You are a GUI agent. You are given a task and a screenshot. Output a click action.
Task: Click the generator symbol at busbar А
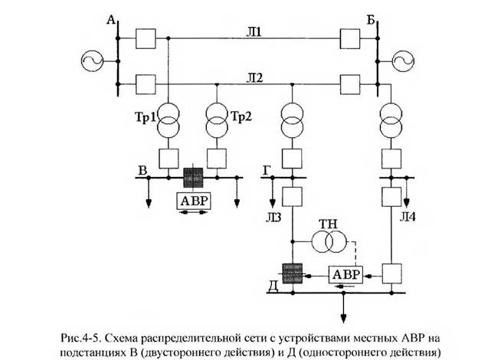click(x=92, y=61)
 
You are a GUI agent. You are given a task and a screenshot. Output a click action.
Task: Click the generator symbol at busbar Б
click(x=404, y=61)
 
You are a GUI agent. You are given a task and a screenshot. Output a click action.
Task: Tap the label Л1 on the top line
click(x=254, y=32)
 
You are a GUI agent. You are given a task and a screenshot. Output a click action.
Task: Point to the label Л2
click(x=254, y=77)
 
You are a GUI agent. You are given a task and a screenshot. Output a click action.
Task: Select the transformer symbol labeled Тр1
click(x=169, y=120)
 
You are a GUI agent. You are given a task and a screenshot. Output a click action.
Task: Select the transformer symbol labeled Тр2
click(x=217, y=120)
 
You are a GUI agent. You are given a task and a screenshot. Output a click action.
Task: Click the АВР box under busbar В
click(x=194, y=201)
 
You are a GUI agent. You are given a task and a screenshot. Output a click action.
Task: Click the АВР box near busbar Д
click(x=345, y=275)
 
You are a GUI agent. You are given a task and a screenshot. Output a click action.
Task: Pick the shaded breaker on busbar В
click(x=193, y=178)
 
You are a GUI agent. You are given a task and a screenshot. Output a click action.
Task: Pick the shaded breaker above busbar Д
click(x=293, y=273)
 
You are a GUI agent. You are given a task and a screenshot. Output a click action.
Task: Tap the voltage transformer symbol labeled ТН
click(x=329, y=242)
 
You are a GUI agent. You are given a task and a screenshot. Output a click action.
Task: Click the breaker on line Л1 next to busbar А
click(x=146, y=38)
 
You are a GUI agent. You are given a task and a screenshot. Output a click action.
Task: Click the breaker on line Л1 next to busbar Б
click(x=350, y=38)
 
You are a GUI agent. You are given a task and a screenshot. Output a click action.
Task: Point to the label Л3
click(x=273, y=217)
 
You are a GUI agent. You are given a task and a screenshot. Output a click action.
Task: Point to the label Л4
click(x=408, y=217)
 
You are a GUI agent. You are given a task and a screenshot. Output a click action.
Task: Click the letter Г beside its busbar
click(x=267, y=171)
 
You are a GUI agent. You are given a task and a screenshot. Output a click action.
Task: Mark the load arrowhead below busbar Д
click(x=344, y=319)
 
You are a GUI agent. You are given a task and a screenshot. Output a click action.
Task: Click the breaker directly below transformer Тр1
click(x=169, y=159)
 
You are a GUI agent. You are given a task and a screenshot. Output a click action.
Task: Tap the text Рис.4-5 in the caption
click(x=80, y=339)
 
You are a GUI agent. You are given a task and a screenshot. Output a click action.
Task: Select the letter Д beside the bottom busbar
click(x=273, y=286)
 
